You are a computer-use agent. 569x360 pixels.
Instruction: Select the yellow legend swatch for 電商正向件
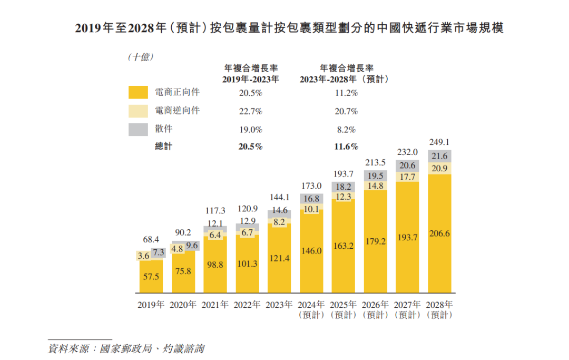point(138,92)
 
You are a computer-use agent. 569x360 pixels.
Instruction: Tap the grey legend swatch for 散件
point(138,129)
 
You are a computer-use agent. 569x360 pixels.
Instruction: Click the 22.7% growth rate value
point(250,111)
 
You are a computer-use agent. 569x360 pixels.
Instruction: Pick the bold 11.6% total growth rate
point(347,147)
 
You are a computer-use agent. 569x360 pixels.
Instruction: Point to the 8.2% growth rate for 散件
point(347,129)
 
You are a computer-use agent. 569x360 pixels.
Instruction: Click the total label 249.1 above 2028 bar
point(440,142)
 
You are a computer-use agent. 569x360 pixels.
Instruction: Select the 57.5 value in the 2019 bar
point(151,276)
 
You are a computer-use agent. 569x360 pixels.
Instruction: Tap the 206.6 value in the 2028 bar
point(440,233)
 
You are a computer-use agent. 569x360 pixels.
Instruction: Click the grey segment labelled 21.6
point(440,157)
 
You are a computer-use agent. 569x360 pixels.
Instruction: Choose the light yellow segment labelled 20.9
point(440,168)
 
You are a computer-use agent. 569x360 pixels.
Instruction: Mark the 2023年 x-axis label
point(280,305)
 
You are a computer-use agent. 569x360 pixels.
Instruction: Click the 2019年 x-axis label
point(151,305)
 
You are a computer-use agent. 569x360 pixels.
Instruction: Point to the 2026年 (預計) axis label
point(376,309)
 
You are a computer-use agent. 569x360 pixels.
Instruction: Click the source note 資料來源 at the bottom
point(126,348)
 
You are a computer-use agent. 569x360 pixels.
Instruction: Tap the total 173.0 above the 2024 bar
point(311,186)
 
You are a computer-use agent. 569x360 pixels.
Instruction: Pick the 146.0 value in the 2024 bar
point(311,251)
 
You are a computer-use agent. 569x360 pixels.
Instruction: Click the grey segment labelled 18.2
point(344,187)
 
